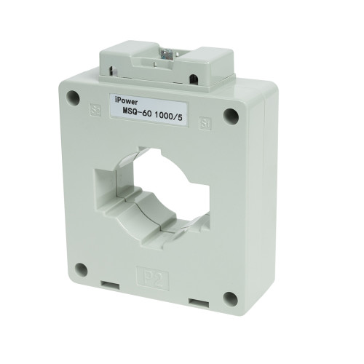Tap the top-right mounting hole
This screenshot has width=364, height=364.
click(232, 114)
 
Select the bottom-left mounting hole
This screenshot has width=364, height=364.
click(82, 269)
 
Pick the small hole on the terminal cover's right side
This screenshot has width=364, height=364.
click(195, 79)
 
